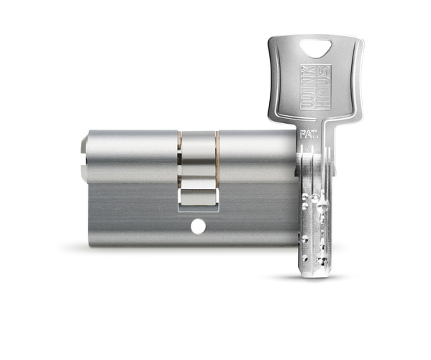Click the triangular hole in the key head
point(316,48)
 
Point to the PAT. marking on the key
point(309,135)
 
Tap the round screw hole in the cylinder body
point(198,227)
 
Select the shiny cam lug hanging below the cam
point(199,197)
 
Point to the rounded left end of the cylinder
point(85,156)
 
